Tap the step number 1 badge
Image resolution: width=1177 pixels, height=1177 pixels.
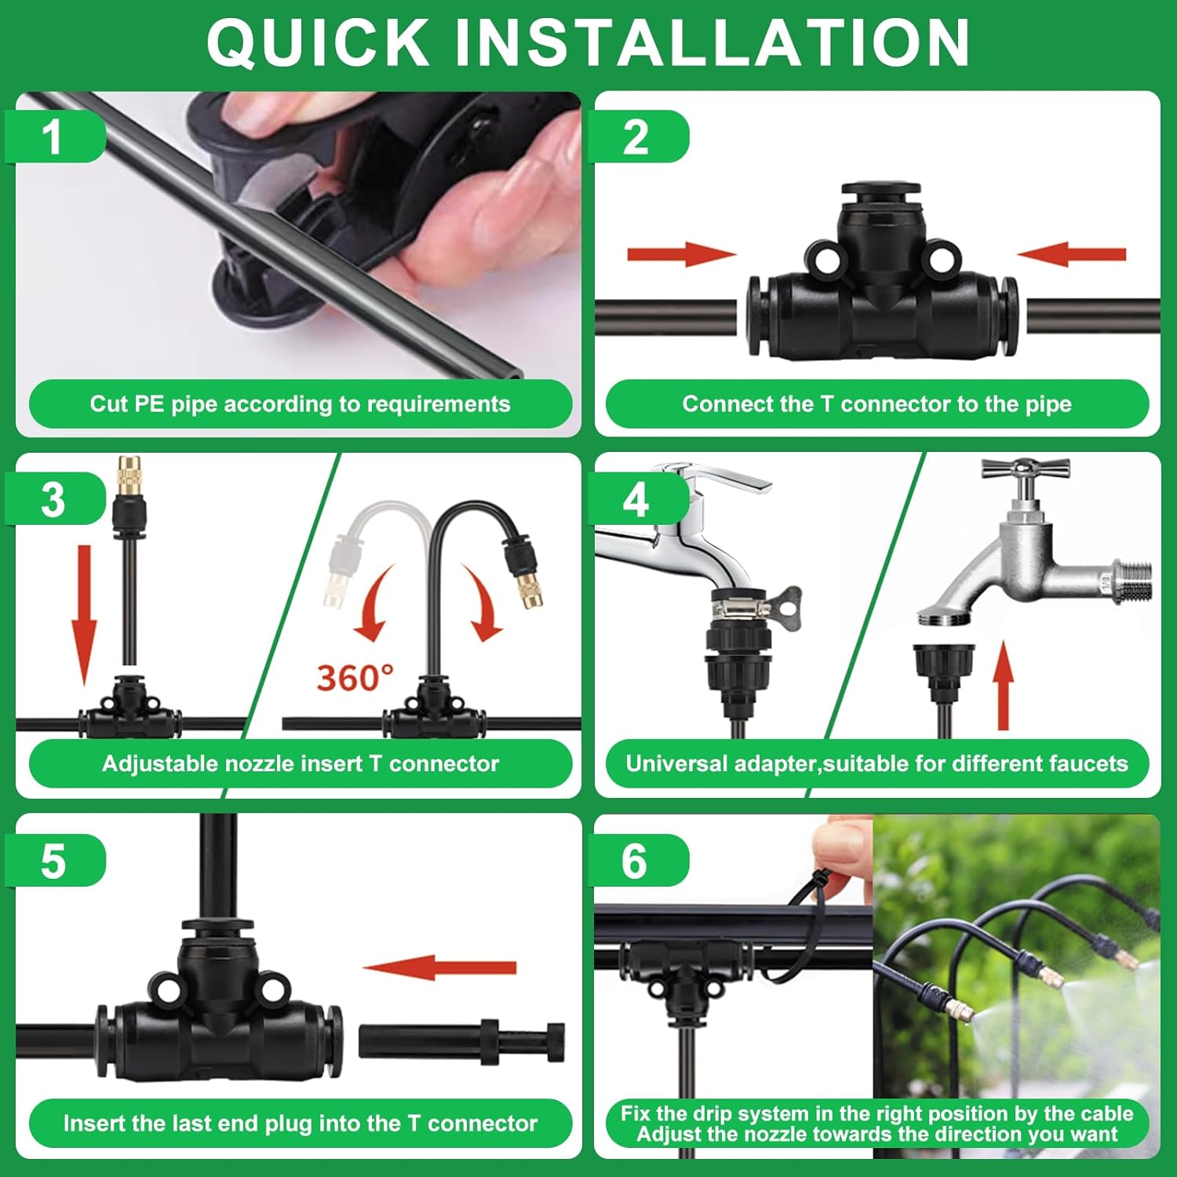[x=54, y=137]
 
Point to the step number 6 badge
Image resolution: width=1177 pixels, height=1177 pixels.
[x=637, y=861]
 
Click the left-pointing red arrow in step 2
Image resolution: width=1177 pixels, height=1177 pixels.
[x=1072, y=254]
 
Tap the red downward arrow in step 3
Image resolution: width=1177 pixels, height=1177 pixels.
[x=84, y=615]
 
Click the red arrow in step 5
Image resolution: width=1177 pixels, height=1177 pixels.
[x=439, y=967]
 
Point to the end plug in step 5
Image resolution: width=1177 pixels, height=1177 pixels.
[x=461, y=1041]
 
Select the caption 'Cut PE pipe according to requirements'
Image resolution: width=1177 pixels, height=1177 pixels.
[x=300, y=404]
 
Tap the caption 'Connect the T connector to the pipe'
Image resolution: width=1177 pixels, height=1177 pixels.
[x=877, y=404]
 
